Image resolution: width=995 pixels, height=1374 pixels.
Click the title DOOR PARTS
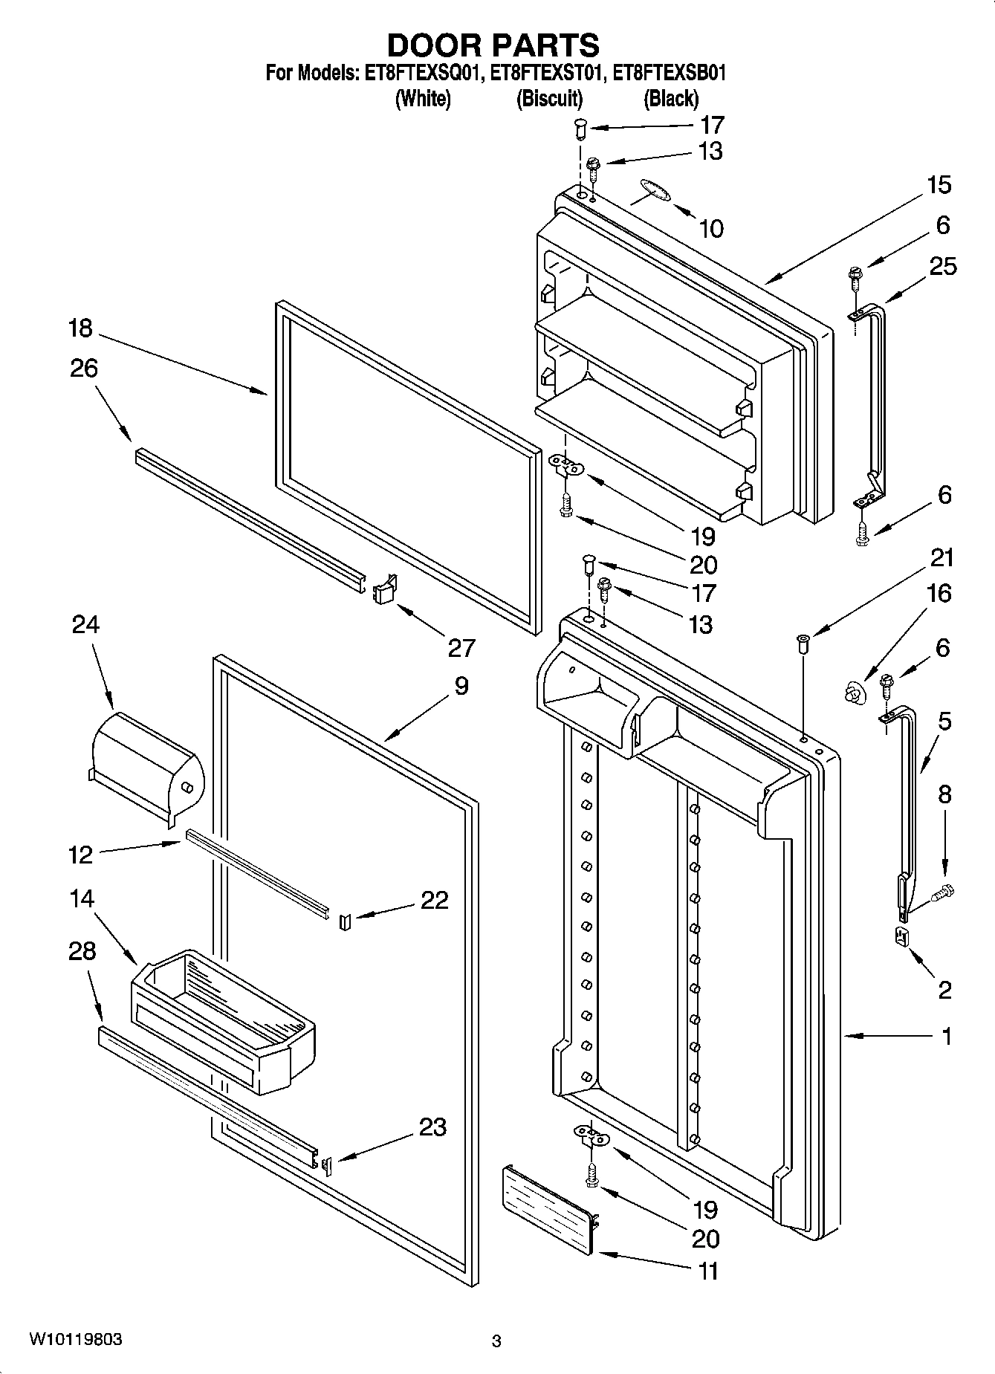(x=493, y=46)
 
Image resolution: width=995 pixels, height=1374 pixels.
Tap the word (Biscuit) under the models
(x=549, y=99)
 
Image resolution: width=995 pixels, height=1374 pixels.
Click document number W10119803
(x=76, y=1340)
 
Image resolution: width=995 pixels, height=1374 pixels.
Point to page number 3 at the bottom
(x=496, y=1341)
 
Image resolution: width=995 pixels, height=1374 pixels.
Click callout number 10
(x=711, y=228)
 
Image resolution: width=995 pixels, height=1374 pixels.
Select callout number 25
(x=943, y=265)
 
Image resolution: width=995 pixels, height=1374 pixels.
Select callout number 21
(x=942, y=557)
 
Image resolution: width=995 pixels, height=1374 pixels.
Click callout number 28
(x=82, y=950)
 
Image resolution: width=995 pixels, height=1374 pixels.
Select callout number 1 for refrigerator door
(x=946, y=1036)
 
